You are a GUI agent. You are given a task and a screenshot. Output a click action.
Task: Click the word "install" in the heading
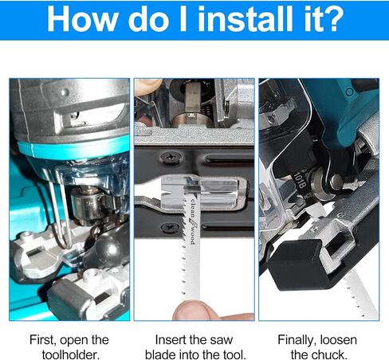click(x=246, y=19)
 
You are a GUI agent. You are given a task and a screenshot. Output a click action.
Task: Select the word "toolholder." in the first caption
click(x=71, y=354)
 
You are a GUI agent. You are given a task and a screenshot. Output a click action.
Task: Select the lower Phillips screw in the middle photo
click(x=170, y=228)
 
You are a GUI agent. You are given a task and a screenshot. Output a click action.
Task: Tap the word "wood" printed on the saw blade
click(x=193, y=235)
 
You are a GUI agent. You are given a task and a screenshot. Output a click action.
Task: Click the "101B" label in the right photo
click(x=300, y=180)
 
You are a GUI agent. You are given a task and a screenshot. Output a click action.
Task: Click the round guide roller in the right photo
click(x=321, y=182)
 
